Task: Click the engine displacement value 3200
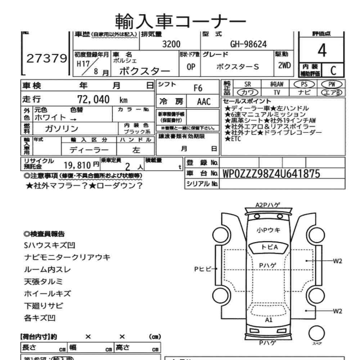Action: [171, 44]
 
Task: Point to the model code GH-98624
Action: [248, 44]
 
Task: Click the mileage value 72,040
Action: [94, 99]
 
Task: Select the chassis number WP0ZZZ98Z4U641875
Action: [271, 174]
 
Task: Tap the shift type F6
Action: [198, 88]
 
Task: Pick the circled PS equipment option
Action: [305, 84]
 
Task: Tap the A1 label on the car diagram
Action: [269, 320]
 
